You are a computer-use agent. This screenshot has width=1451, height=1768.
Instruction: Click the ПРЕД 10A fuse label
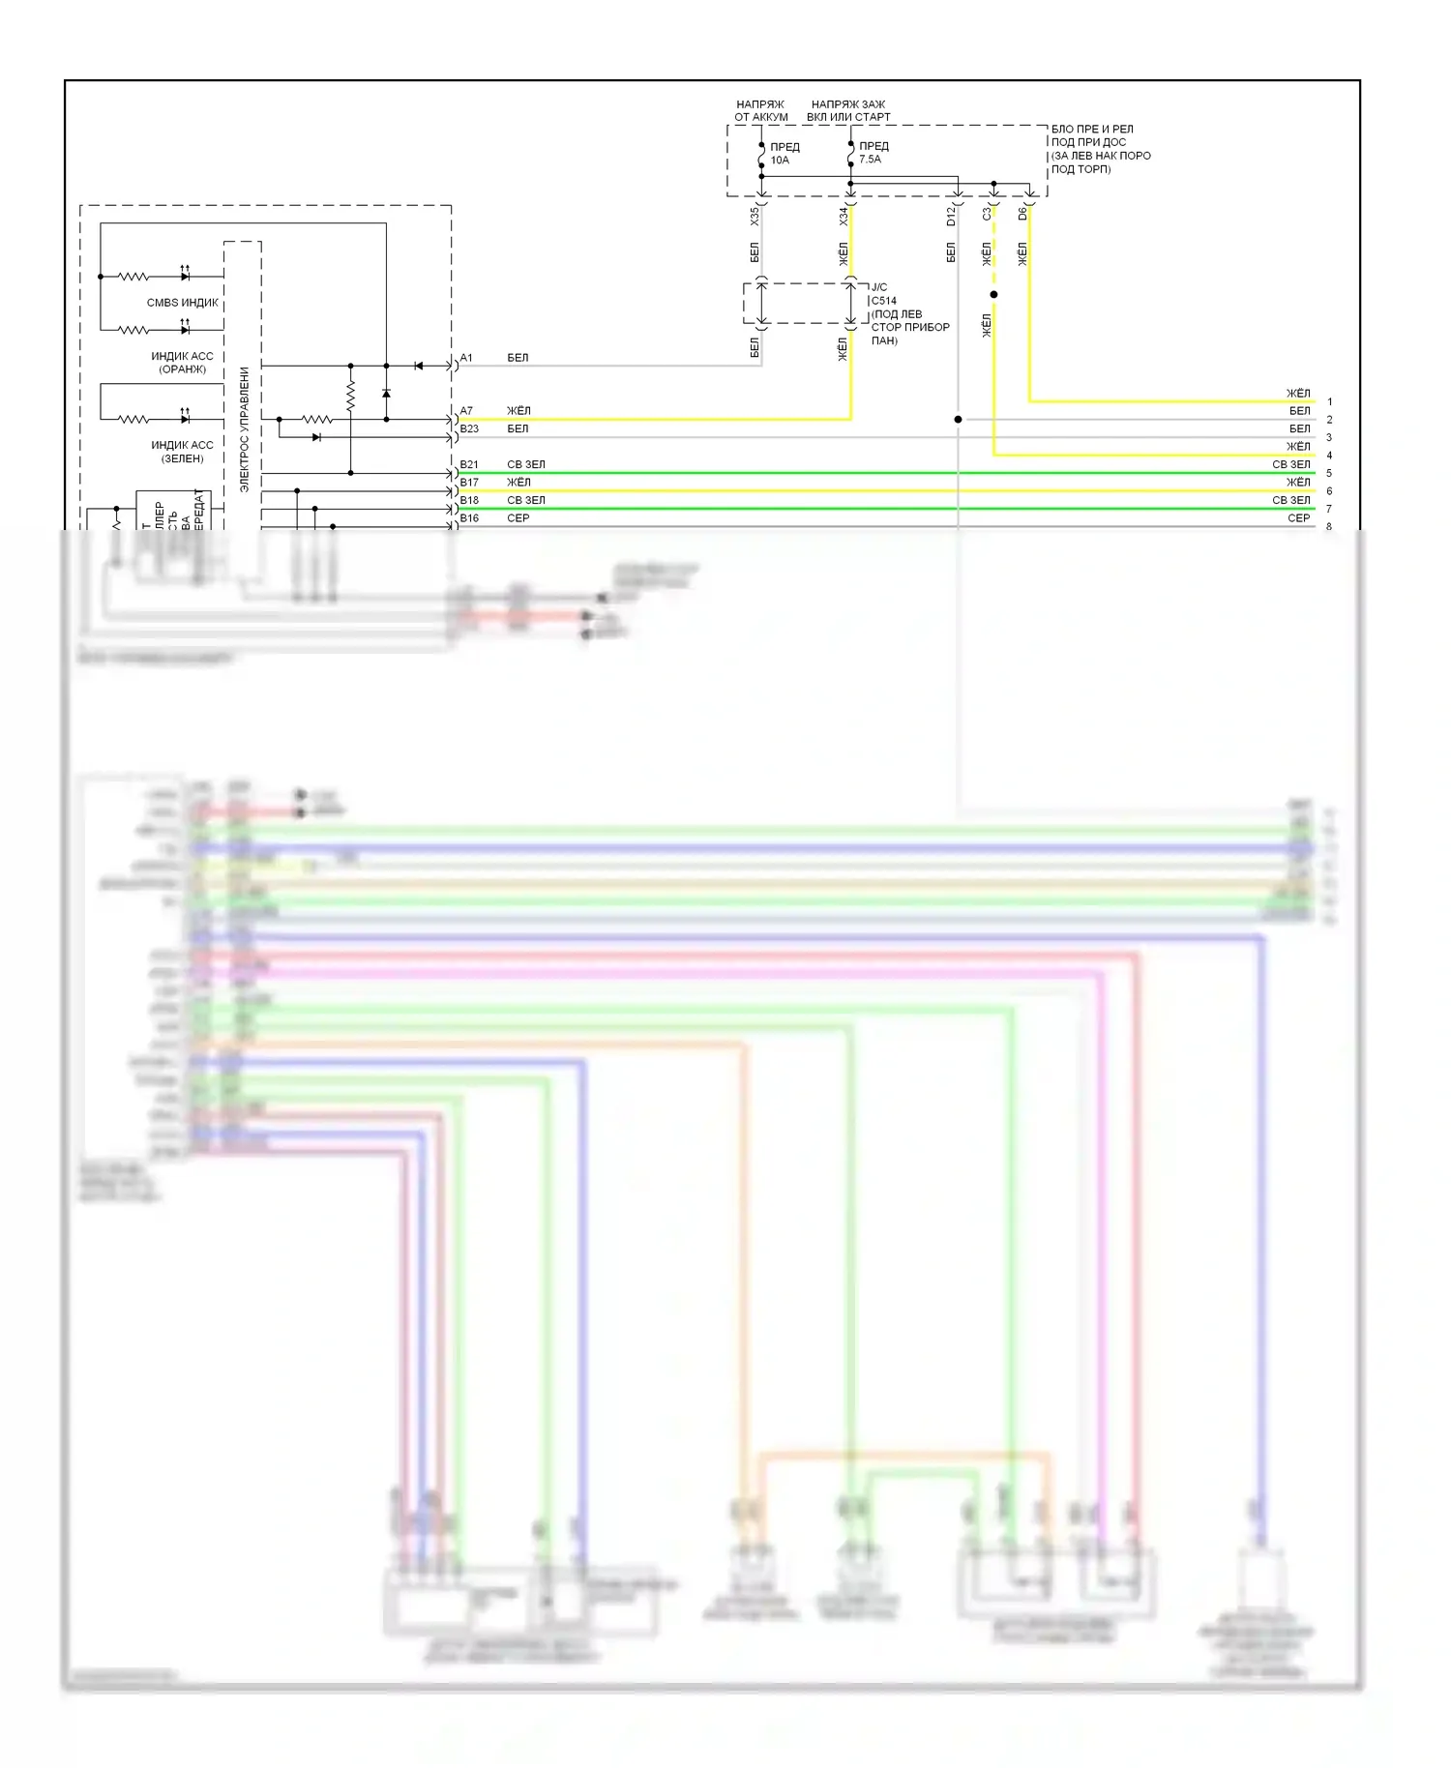tap(785, 154)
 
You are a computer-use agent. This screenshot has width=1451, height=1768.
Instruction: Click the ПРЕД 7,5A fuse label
tap(873, 153)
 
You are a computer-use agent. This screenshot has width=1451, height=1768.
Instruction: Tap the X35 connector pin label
tap(755, 217)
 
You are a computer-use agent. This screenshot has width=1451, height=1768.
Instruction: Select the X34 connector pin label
tap(844, 217)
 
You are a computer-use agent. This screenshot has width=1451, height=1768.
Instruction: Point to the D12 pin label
tap(951, 217)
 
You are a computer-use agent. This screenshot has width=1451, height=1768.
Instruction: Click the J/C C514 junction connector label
tap(883, 294)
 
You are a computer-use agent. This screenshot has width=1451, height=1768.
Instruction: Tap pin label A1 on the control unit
tap(466, 358)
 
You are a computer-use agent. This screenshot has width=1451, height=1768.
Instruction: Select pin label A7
tap(466, 411)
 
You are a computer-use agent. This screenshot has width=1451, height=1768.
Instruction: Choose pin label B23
tap(469, 428)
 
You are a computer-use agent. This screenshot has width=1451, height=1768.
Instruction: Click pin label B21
tap(469, 464)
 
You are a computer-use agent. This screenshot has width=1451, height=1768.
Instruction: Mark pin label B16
tap(469, 518)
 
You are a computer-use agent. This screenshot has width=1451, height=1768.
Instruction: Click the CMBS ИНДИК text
tap(183, 303)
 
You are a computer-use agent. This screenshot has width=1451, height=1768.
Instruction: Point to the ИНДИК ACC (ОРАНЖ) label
tap(182, 363)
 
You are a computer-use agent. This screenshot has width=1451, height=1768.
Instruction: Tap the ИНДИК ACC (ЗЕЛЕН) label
tap(182, 452)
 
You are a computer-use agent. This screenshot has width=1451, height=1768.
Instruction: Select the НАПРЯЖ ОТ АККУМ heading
tap(761, 110)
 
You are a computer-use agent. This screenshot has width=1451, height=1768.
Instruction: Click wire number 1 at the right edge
tap(1329, 401)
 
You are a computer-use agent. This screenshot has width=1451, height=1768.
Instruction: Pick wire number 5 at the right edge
tap(1329, 473)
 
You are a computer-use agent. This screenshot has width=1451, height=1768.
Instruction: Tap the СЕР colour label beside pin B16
tap(518, 518)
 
